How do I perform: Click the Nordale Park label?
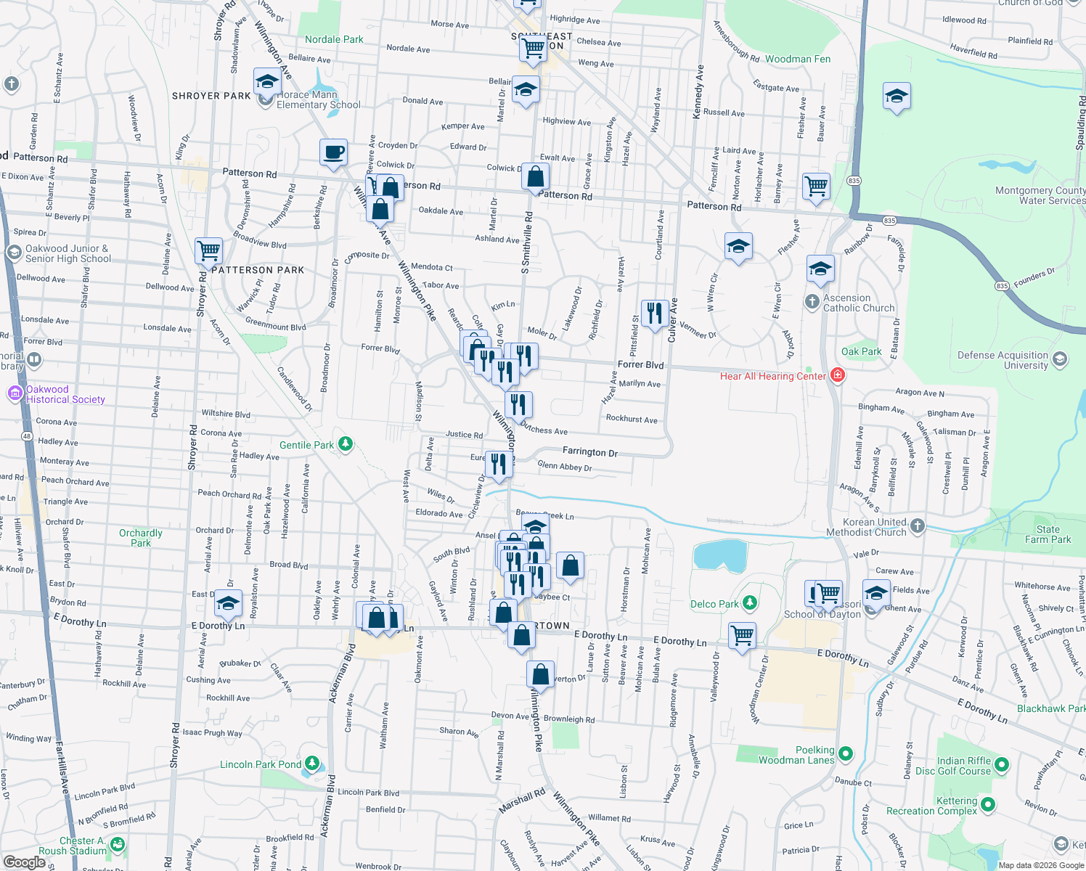pyautogui.click(x=334, y=39)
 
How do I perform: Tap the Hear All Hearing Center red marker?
pyautogui.click(x=838, y=375)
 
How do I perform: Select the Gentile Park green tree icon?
pyautogui.click(x=346, y=444)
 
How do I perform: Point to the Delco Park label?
pyautogui.click(x=714, y=604)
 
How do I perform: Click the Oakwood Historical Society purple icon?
pyautogui.click(x=15, y=393)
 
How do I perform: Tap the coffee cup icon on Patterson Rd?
pyautogui.click(x=334, y=153)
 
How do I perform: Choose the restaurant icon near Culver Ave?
pyautogui.click(x=655, y=314)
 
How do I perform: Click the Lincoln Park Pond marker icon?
pyautogui.click(x=312, y=763)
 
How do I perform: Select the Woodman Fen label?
pyautogui.click(x=797, y=59)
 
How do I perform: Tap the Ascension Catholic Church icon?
pyautogui.click(x=812, y=300)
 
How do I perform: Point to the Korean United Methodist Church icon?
pyautogui.click(x=918, y=526)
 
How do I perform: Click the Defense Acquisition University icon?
pyautogui.click(x=1060, y=359)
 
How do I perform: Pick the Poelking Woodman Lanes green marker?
pyautogui.click(x=846, y=753)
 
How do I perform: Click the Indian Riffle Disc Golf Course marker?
pyautogui.click(x=1002, y=764)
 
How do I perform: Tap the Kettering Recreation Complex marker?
pyautogui.click(x=988, y=804)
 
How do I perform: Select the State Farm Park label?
pyautogui.click(x=1048, y=534)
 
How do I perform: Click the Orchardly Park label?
pyautogui.click(x=141, y=538)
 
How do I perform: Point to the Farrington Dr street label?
pyautogui.click(x=589, y=451)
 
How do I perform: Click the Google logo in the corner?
pyautogui.click(x=24, y=862)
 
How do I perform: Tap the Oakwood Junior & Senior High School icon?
pyautogui.click(x=14, y=252)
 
